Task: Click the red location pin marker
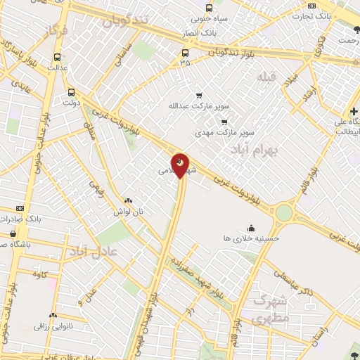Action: (x=181, y=165)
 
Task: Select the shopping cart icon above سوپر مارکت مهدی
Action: (x=224, y=122)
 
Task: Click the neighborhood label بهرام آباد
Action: (x=255, y=150)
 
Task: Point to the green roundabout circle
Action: (x=284, y=212)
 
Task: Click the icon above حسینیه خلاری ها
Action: (x=252, y=227)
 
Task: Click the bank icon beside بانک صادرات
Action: (x=20, y=208)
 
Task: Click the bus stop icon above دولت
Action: (x=71, y=91)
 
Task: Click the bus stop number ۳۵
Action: (x=186, y=63)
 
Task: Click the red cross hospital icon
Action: (x=354, y=111)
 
